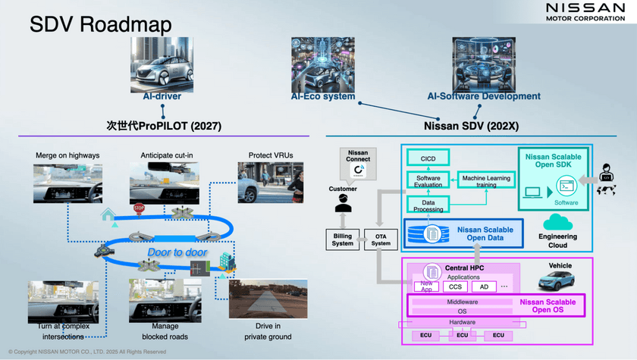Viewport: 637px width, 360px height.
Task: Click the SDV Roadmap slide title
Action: click(x=100, y=24)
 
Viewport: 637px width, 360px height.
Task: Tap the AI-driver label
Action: click(x=162, y=97)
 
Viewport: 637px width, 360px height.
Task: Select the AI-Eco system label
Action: click(x=323, y=97)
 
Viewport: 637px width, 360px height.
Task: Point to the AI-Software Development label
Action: click(x=484, y=97)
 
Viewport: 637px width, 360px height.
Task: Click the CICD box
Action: click(x=428, y=157)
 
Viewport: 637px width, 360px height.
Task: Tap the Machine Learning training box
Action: click(x=486, y=180)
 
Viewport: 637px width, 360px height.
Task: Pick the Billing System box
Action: click(x=343, y=239)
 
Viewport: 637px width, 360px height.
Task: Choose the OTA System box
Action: click(x=381, y=239)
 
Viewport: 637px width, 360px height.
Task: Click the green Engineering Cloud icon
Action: click(x=557, y=222)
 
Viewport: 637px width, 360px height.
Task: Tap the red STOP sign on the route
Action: click(x=139, y=208)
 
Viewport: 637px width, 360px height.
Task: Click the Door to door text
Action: click(x=177, y=252)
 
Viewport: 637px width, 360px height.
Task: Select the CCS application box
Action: click(x=455, y=286)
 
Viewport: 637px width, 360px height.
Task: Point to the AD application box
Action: click(x=484, y=286)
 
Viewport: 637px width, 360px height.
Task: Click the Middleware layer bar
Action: click(x=462, y=302)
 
